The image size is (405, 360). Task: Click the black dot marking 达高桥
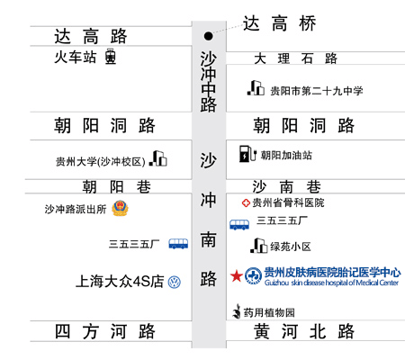coord(208,36)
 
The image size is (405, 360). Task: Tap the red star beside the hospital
coord(237,275)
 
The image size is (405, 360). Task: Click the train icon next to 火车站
coord(111,57)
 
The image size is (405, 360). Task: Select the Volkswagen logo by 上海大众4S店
coord(175,283)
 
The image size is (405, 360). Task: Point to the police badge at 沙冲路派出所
coord(120,208)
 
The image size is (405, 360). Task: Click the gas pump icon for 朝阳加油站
coord(247,154)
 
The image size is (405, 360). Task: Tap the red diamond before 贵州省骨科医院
coord(246,203)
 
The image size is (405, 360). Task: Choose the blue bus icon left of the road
coord(178,244)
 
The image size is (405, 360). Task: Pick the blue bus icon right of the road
coord(239,225)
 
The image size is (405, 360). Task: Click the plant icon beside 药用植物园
coord(237,311)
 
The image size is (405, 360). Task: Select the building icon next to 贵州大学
coord(158,158)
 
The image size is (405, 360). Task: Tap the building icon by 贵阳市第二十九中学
coord(256,88)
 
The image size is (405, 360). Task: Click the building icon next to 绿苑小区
coord(259,246)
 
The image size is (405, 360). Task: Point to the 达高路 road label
coord(91,36)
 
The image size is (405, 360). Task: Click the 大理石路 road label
coord(295,58)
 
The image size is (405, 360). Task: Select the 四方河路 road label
coord(104,331)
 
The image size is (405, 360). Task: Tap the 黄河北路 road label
coord(304,331)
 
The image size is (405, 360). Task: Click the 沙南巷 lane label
coord(286,187)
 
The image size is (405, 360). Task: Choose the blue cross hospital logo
coord(253,275)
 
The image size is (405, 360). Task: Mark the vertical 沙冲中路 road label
coord(209,82)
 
